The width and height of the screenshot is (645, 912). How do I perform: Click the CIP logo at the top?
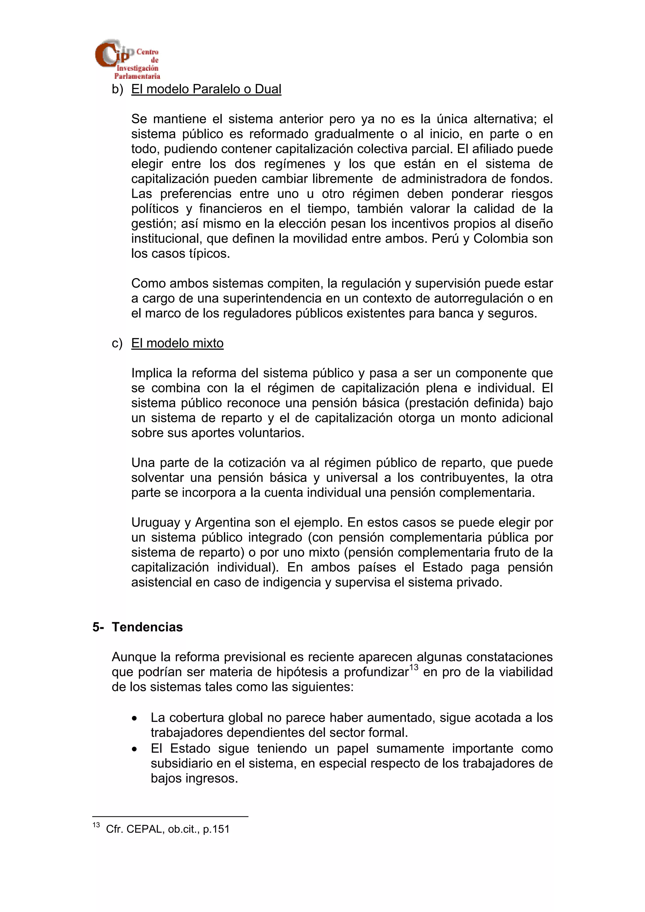tap(127, 59)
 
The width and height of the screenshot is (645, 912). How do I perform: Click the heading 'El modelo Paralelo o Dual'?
tap(206, 89)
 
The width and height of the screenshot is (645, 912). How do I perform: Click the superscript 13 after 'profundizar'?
tap(414, 667)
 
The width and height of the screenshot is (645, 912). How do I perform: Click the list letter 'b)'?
tap(118, 89)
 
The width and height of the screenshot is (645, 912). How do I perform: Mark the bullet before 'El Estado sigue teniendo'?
tap(135, 749)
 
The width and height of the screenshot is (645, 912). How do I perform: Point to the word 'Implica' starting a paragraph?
tap(152, 373)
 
